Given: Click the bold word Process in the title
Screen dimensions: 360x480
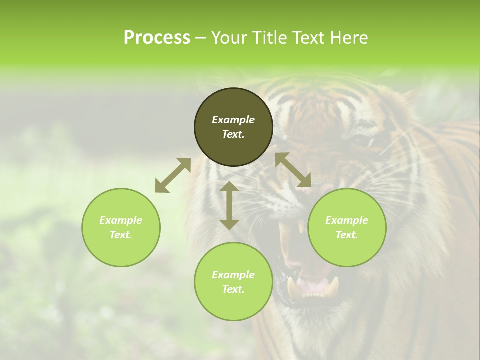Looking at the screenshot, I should coord(157,38).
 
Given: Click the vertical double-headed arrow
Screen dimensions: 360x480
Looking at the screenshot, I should coord(229,205).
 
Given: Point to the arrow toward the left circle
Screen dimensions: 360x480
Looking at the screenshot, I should coord(173,175).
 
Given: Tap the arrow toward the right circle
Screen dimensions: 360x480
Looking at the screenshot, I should coord(293,170).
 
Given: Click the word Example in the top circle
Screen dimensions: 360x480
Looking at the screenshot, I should coord(233,120).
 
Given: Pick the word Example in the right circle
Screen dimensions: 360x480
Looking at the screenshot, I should coord(347,220).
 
